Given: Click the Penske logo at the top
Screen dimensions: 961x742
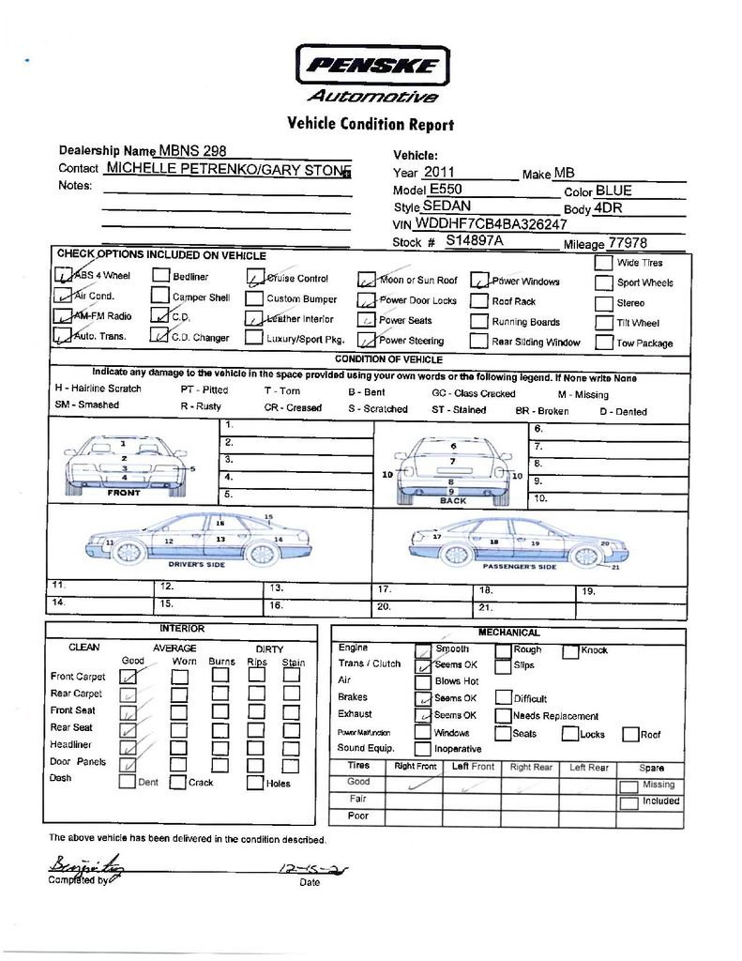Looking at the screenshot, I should coord(372,66).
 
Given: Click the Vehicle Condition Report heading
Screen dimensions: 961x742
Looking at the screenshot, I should coord(370,124).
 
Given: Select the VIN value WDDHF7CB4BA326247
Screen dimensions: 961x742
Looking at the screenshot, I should coord(491,224).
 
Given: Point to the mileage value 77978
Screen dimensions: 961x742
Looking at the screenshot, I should coord(628,242).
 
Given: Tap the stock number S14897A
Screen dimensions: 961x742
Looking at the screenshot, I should coord(475,241).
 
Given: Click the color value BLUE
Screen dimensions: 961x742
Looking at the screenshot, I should coord(613,191).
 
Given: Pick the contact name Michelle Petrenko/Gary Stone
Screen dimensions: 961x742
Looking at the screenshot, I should coord(226,169).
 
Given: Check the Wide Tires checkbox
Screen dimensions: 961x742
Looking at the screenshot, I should coord(603,263).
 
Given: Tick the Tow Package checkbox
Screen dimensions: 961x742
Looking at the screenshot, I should coord(603,343).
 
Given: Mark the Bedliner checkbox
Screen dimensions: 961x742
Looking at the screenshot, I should coord(160,276).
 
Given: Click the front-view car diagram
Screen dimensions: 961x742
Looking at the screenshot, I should coord(125,464).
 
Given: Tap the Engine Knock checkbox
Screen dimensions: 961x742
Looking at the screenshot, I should coord(570,649).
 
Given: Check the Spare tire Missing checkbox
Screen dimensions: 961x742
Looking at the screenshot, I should coord(628,785).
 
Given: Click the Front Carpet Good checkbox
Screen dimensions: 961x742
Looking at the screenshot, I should coord(129,676).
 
